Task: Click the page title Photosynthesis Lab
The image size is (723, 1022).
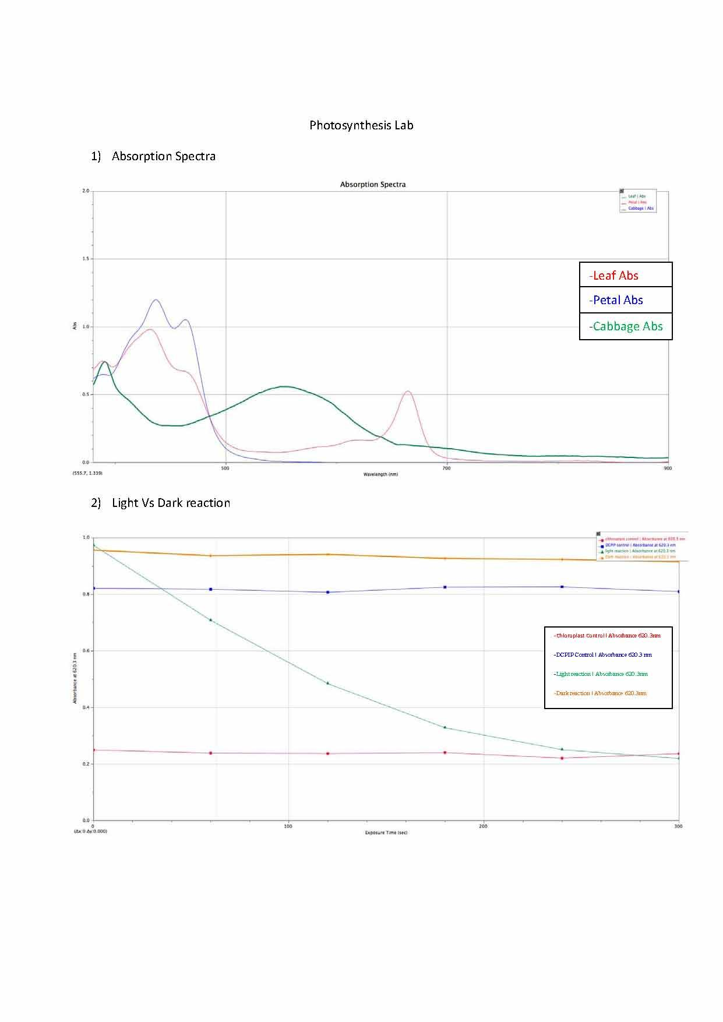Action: coord(361,125)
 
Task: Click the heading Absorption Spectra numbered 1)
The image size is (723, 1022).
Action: coord(163,156)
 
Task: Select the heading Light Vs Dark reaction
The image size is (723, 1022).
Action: coord(171,503)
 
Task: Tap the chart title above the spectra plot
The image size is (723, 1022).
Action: coord(373,184)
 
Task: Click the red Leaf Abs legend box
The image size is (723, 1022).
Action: coord(626,275)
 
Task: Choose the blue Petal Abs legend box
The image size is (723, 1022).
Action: coord(626,300)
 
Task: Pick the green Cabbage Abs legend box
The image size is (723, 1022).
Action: coord(626,326)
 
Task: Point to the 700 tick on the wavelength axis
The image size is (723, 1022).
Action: coord(446,468)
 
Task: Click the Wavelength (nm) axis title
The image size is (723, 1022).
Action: coord(380,474)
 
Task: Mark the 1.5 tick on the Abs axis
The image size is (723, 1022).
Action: coord(86,259)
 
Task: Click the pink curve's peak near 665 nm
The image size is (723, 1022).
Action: coord(408,392)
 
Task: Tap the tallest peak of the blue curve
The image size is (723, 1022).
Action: coord(156,300)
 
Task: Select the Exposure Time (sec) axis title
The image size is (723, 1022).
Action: coord(386,833)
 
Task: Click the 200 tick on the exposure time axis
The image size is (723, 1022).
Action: coord(483,826)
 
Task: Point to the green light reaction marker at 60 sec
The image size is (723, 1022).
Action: coord(211,620)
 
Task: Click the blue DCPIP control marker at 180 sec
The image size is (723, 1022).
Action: coord(445,587)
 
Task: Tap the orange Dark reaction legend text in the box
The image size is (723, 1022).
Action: coord(600,693)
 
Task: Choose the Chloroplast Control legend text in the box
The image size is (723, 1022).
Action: coord(606,636)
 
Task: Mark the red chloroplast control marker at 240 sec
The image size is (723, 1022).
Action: coord(562,758)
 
